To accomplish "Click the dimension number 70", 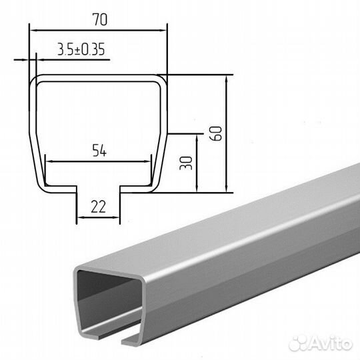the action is click(x=100, y=19).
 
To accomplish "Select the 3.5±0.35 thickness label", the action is click(x=81, y=49).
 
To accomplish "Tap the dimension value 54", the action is click(x=99, y=151).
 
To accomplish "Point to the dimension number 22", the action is click(x=98, y=207).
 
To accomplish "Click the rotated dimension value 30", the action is click(x=186, y=163).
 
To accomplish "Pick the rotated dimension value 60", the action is click(x=216, y=133).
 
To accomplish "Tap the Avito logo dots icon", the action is click(x=298, y=343).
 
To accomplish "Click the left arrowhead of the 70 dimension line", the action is click(x=33, y=30).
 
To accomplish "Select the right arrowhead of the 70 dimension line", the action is click(x=163, y=30).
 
